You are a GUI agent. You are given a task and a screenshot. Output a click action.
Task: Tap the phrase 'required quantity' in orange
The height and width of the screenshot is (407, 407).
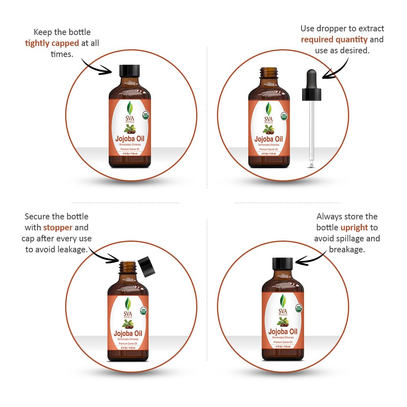pos(334,39)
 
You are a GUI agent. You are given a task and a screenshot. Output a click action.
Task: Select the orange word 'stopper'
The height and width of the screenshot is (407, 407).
pos(58,228)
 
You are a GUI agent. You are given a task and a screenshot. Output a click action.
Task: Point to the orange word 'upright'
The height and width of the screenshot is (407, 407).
pos(354,228)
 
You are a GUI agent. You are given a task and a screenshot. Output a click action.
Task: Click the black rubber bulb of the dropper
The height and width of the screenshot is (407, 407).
pos(312,77)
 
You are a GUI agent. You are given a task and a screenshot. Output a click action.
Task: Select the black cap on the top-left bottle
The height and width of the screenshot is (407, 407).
pos(129,71)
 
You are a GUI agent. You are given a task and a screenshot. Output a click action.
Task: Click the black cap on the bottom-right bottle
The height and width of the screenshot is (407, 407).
pos(282,264)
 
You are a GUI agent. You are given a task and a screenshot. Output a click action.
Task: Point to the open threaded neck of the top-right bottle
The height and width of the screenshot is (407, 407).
pos(269,74)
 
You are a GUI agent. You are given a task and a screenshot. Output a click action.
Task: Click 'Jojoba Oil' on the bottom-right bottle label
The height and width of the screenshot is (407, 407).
pos(283,332)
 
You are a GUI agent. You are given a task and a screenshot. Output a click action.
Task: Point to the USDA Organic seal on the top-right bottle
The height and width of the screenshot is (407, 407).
pos(284,115)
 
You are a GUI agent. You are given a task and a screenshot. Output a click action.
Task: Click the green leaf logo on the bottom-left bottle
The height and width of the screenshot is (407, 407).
pos(128,303)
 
